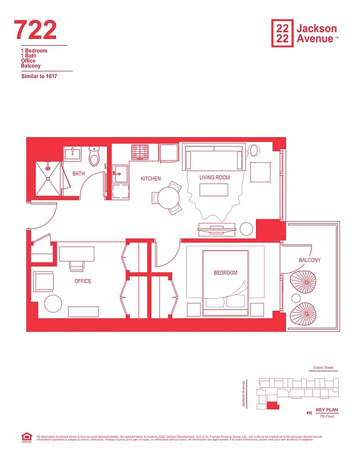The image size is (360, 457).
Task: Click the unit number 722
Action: (35, 30)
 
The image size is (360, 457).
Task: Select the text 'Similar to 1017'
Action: (39, 76)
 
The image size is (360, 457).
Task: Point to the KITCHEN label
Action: (151, 179)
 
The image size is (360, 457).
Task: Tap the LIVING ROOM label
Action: (214, 178)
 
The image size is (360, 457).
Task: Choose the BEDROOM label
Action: (225, 273)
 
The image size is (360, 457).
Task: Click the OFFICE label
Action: (83, 281)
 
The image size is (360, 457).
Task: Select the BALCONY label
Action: (310, 260)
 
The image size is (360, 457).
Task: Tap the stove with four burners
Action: (141, 153)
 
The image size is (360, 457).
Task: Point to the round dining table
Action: (168, 198)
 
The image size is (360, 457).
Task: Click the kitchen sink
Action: (120, 174)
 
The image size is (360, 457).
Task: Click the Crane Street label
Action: (323, 368)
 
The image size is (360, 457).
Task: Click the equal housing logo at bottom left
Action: (26, 438)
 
